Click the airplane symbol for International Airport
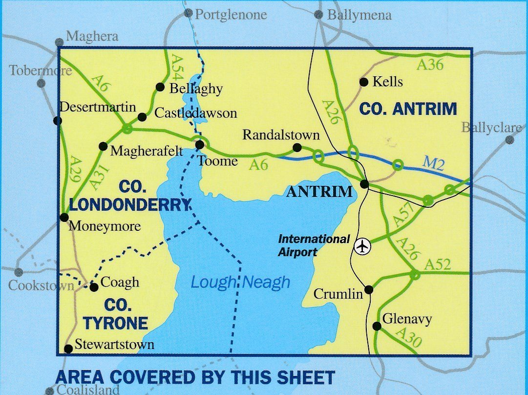[362, 246]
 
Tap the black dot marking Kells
[363, 82]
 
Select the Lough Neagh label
[240, 283]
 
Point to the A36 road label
[429, 65]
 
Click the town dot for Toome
[199, 145]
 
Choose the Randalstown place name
[281, 135]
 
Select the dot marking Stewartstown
[68, 349]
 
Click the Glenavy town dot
[377, 326]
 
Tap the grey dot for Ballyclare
[509, 140]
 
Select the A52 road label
[438, 264]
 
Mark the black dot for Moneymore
[64, 217]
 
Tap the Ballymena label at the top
[359, 15]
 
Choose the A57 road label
[403, 215]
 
